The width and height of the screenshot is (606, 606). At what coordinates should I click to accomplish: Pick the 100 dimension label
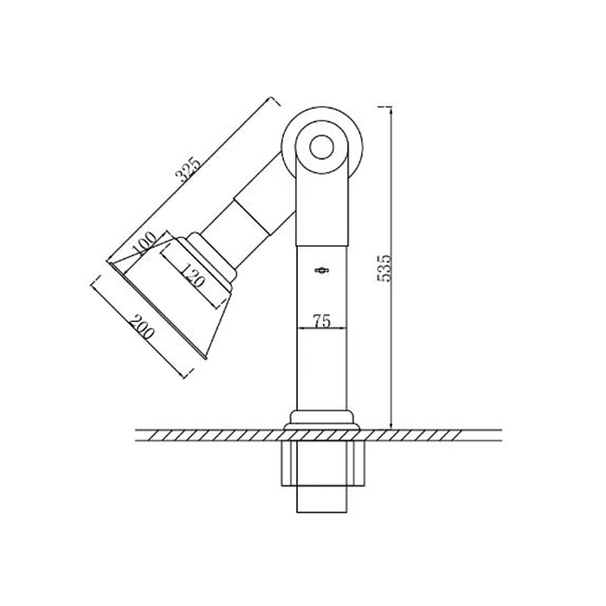coord(144,244)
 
